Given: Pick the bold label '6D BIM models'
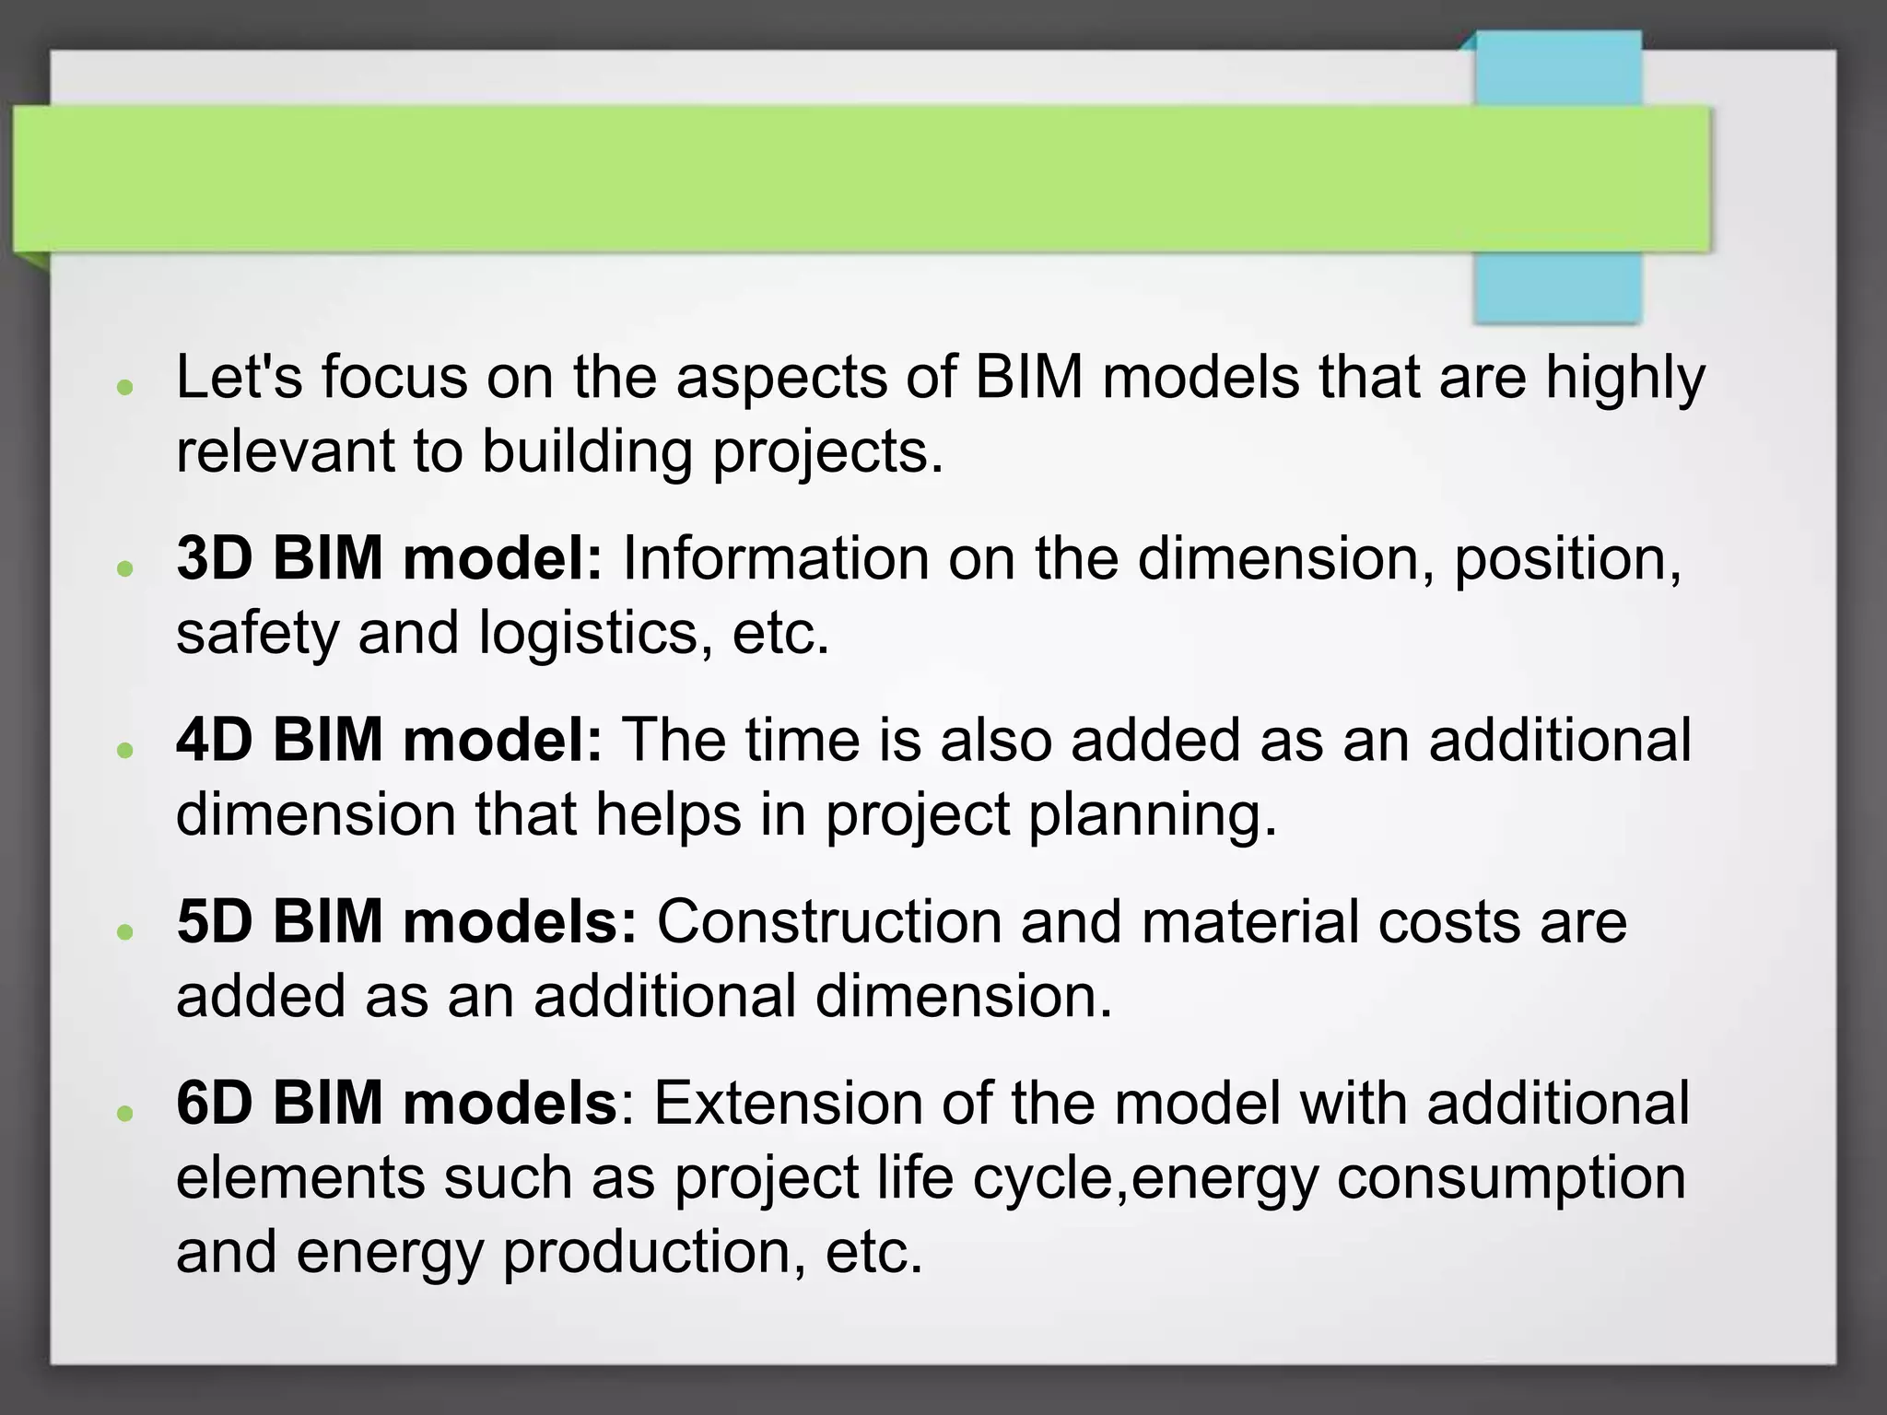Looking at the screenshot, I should (396, 1103).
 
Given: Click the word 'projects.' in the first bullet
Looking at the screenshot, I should (828, 453).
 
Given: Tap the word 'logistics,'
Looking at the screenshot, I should (595, 635).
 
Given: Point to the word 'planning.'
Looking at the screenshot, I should (1153, 816).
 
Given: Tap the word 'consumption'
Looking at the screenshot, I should (1511, 1179).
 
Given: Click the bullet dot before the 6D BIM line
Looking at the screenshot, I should (125, 1113).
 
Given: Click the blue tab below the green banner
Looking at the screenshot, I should (1557, 287).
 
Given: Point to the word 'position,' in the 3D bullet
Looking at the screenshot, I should (1567, 560).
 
